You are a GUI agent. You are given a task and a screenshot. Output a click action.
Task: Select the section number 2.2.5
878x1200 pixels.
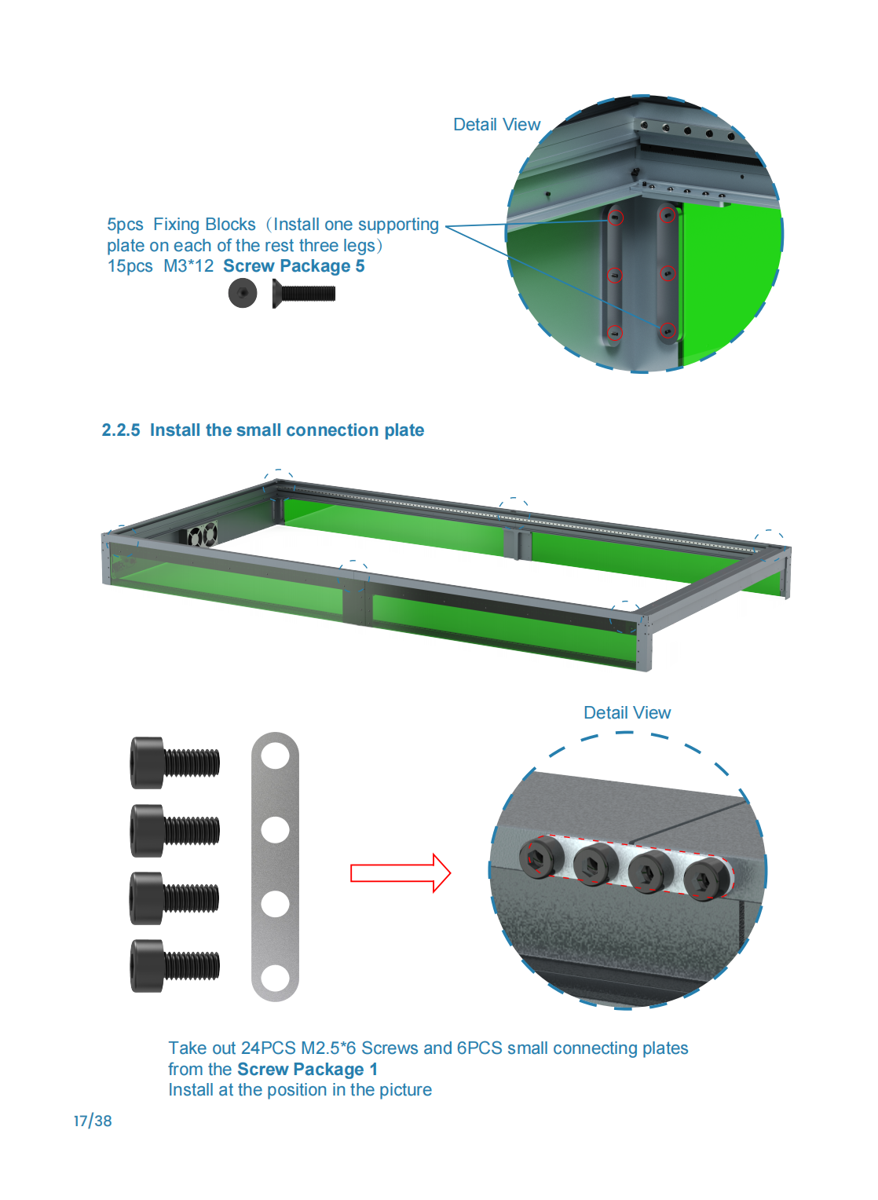[x=120, y=430]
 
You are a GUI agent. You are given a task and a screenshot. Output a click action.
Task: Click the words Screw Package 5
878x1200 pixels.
[x=294, y=265]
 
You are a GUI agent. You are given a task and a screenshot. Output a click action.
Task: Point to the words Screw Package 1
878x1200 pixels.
[x=307, y=1069]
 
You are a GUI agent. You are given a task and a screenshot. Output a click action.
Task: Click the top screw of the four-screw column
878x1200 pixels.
[x=174, y=763]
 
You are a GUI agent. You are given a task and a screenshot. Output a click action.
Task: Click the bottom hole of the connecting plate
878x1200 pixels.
[x=275, y=978]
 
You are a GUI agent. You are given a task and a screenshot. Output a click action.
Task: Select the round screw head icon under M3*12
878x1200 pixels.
[x=242, y=293]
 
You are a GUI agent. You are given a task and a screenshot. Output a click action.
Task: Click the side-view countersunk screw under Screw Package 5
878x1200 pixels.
[x=303, y=293]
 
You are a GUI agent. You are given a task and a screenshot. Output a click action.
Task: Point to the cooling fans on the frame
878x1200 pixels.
[x=202, y=533]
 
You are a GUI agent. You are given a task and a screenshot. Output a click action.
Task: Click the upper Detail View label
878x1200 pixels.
[x=496, y=124]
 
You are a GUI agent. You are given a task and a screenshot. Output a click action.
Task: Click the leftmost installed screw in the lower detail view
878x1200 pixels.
[x=541, y=858]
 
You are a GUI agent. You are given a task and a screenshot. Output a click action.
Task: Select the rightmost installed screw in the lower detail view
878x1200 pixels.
[x=707, y=879]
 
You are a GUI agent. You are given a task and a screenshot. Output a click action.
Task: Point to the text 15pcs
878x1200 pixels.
[x=130, y=265]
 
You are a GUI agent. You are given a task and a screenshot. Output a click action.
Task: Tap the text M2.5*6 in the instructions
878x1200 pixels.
[x=328, y=1048]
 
